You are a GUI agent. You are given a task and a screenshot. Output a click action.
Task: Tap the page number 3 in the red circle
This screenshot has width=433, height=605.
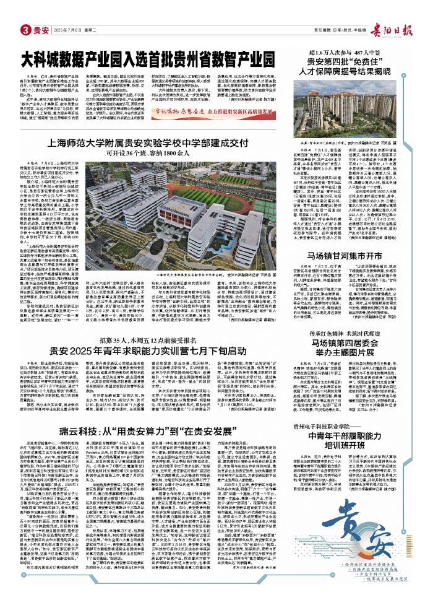point(25,29)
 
